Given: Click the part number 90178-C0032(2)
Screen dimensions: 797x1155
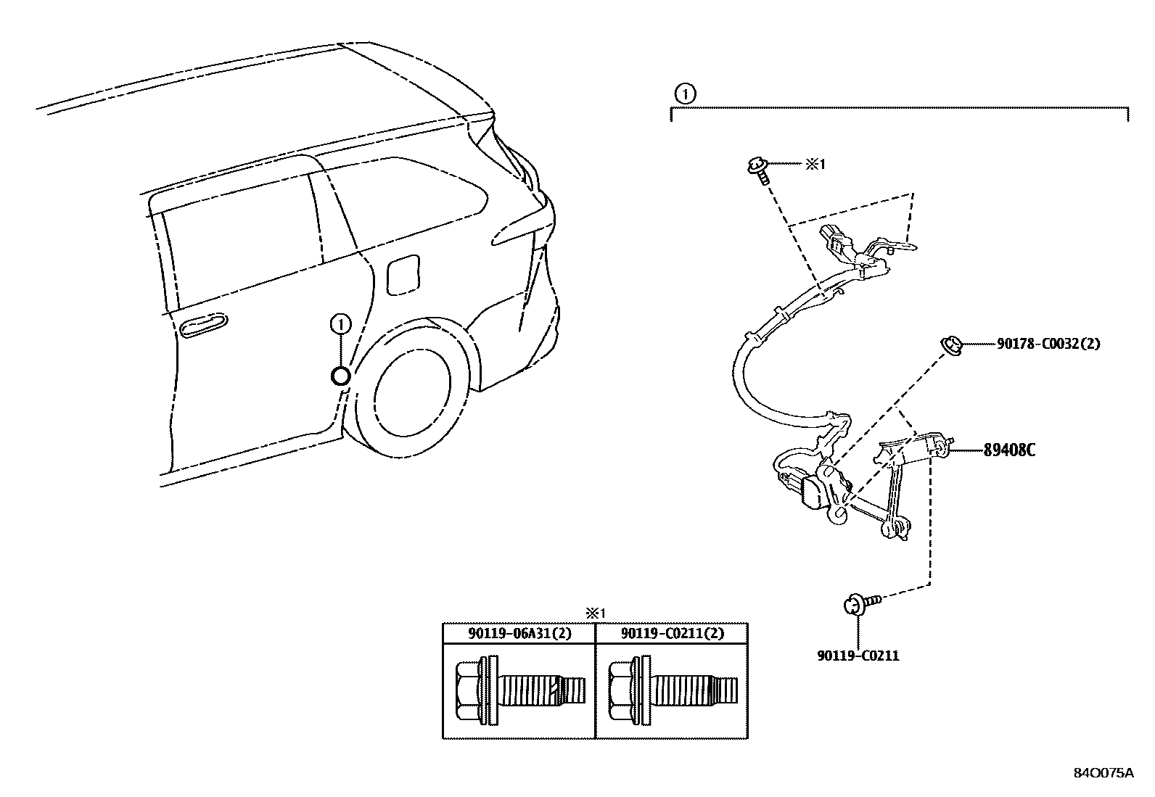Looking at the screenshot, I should [1043, 344].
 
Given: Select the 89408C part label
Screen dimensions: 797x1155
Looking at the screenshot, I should [1008, 450].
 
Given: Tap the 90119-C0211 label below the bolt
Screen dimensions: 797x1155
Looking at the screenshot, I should [858, 656].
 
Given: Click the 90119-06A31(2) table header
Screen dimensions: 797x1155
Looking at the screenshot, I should [519, 633].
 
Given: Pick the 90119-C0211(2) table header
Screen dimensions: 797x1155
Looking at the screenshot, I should [673, 633].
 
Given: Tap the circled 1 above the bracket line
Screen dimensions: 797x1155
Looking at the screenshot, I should [684, 93].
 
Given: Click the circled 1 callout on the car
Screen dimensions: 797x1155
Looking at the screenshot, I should [340, 324].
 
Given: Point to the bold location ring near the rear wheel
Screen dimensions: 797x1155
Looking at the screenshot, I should [340, 376].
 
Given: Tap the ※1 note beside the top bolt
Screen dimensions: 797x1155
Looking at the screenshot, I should [814, 165].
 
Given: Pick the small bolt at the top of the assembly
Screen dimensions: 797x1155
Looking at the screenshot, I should [757, 170].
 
